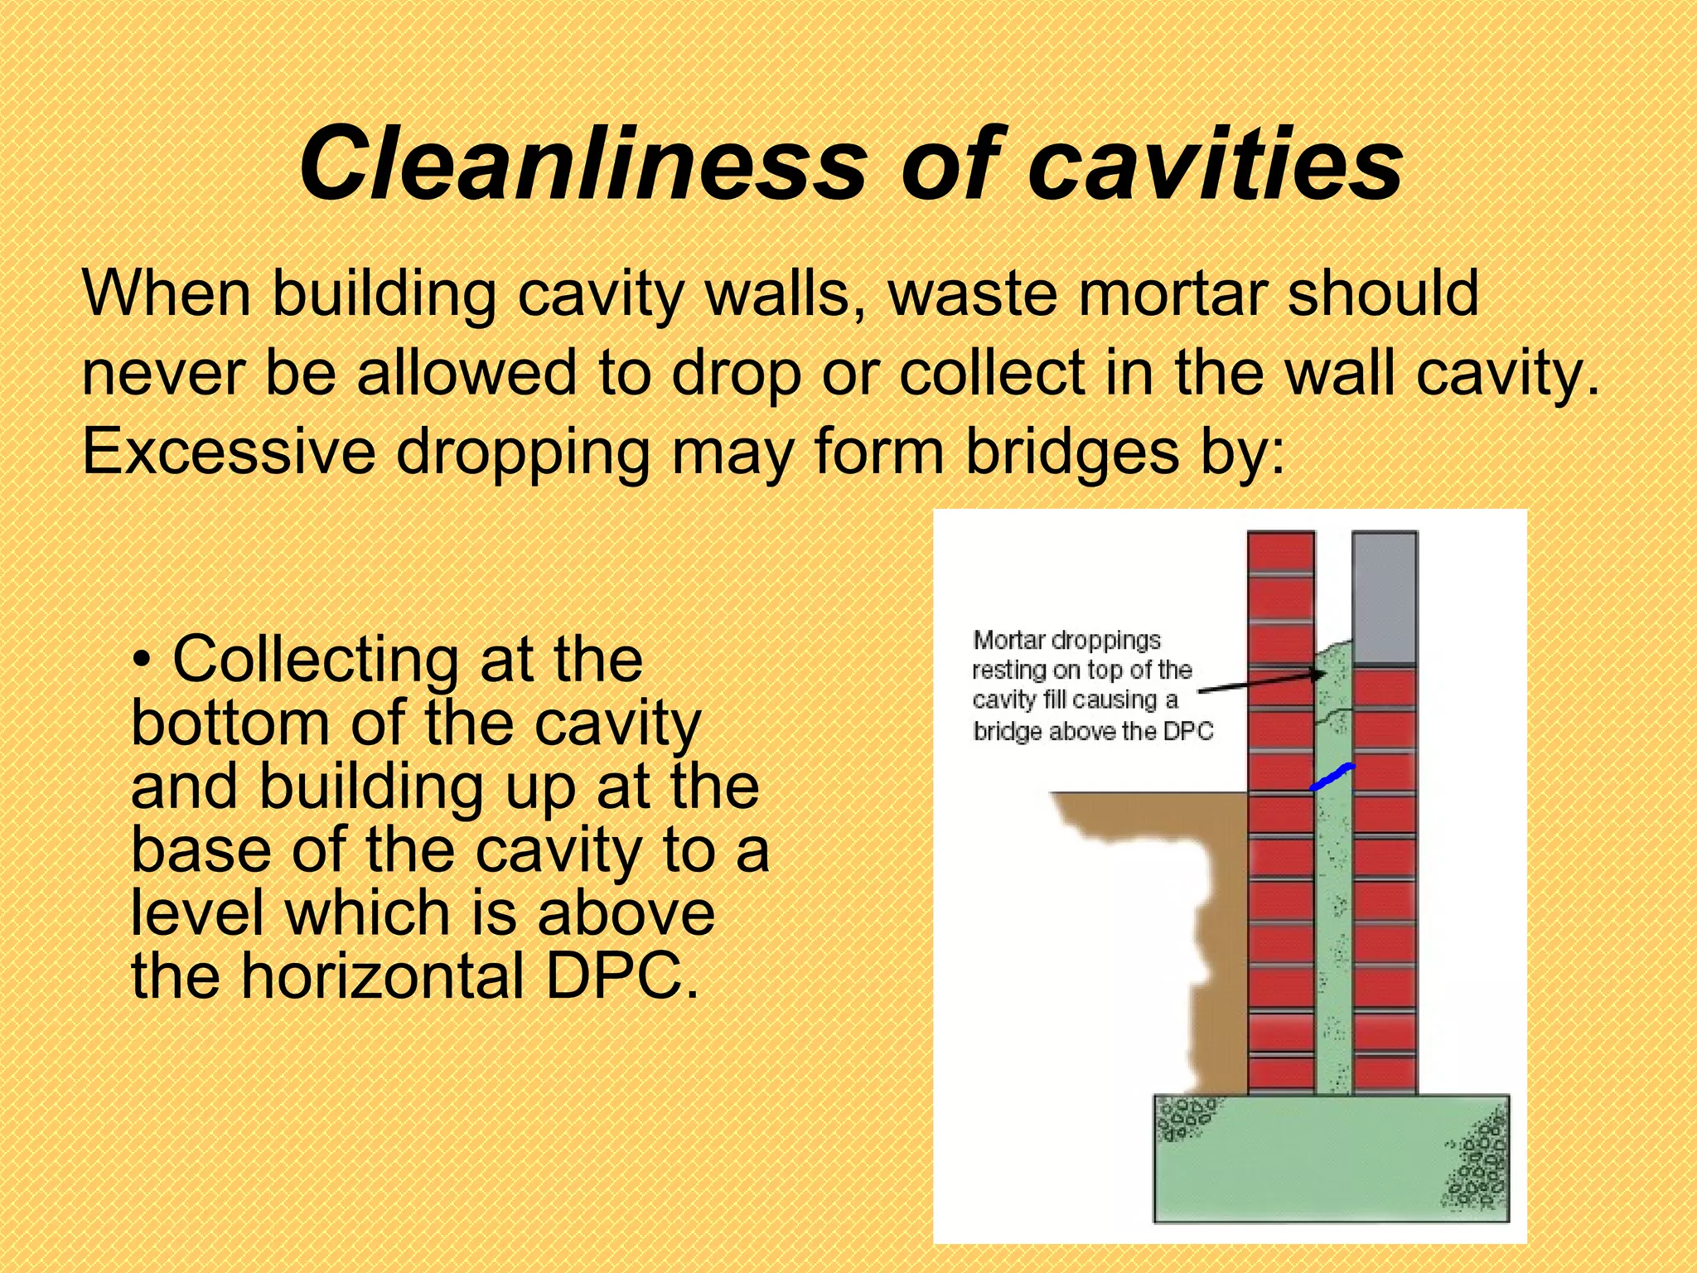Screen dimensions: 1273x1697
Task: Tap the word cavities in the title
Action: click(x=1215, y=163)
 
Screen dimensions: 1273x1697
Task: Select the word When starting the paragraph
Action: click(x=166, y=293)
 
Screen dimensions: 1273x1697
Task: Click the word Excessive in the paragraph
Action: click(x=229, y=452)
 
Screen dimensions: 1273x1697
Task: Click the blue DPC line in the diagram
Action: click(x=1331, y=777)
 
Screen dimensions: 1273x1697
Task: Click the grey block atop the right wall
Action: click(x=1384, y=597)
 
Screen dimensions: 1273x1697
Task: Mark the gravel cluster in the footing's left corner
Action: click(x=1184, y=1119)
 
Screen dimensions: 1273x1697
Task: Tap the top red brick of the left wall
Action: click(x=1280, y=551)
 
